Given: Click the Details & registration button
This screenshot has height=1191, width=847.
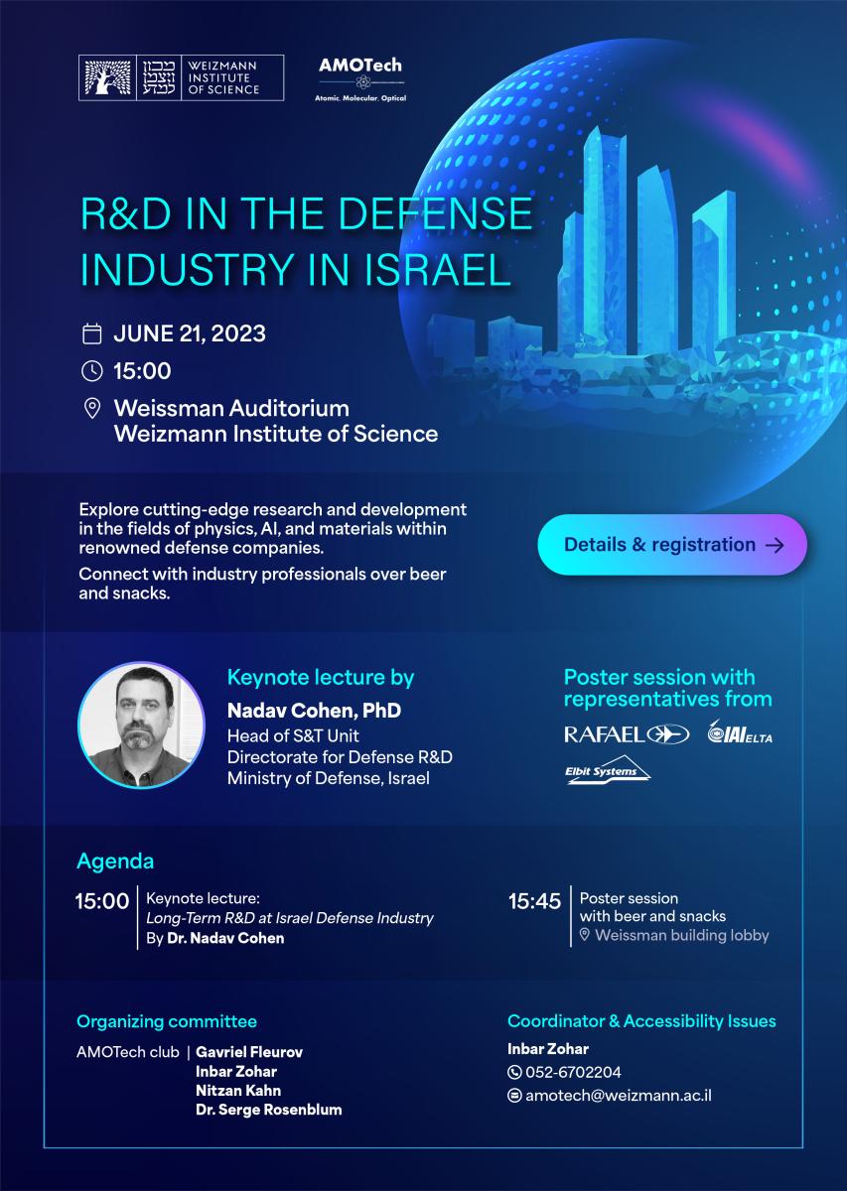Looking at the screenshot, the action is pyautogui.click(x=672, y=545).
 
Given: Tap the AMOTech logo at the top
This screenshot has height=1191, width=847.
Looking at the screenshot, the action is pyautogui.click(x=360, y=79).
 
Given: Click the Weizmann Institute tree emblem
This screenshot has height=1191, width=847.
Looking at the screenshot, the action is pyautogui.click(x=108, y=77).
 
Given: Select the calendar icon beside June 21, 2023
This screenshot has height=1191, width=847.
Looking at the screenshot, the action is pyautogui.click(x=92, y=333).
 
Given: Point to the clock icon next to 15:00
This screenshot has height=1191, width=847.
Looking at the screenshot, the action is pyautogui.click(x=92, y=370).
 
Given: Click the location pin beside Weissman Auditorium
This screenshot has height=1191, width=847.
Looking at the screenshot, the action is pyautogui.click(x=92, y=408).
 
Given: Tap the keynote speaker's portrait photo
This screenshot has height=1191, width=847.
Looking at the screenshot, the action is pyautogui.click(x=142, y=726).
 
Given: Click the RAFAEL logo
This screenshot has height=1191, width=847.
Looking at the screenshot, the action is pyautogui.click(x=627, y=734).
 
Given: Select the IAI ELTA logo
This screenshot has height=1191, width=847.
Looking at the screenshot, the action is pyautogui.click(x=740, y=732).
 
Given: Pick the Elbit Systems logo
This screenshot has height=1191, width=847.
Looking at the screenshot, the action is pyautogui.click(x=608, y=770).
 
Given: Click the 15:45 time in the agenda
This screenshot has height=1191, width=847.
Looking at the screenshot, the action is pyautogui.click(x=534, y=901).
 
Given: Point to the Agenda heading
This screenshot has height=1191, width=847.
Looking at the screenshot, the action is pyautogui.click(x=115, y=861).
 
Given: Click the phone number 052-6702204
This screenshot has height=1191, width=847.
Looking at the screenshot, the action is pyautogui.click(x=573, y=1072).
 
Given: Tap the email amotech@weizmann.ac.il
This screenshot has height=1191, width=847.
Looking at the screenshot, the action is pyautogui.click(x=619, y=1096).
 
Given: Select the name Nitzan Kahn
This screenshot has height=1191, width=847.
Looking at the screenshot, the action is pyautogui.click(x=238, y=1091).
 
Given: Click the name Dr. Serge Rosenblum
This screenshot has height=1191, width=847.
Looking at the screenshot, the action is pyautogui.click(x=269, y=1110).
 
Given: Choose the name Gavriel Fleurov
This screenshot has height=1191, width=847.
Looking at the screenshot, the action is pyautogui.click(x=249, y=1052).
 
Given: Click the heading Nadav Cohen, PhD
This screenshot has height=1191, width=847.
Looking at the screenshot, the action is pyautogui.click(x=314, y=711).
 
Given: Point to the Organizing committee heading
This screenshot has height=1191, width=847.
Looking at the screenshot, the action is pyautogui.click(x=167, y=1021).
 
